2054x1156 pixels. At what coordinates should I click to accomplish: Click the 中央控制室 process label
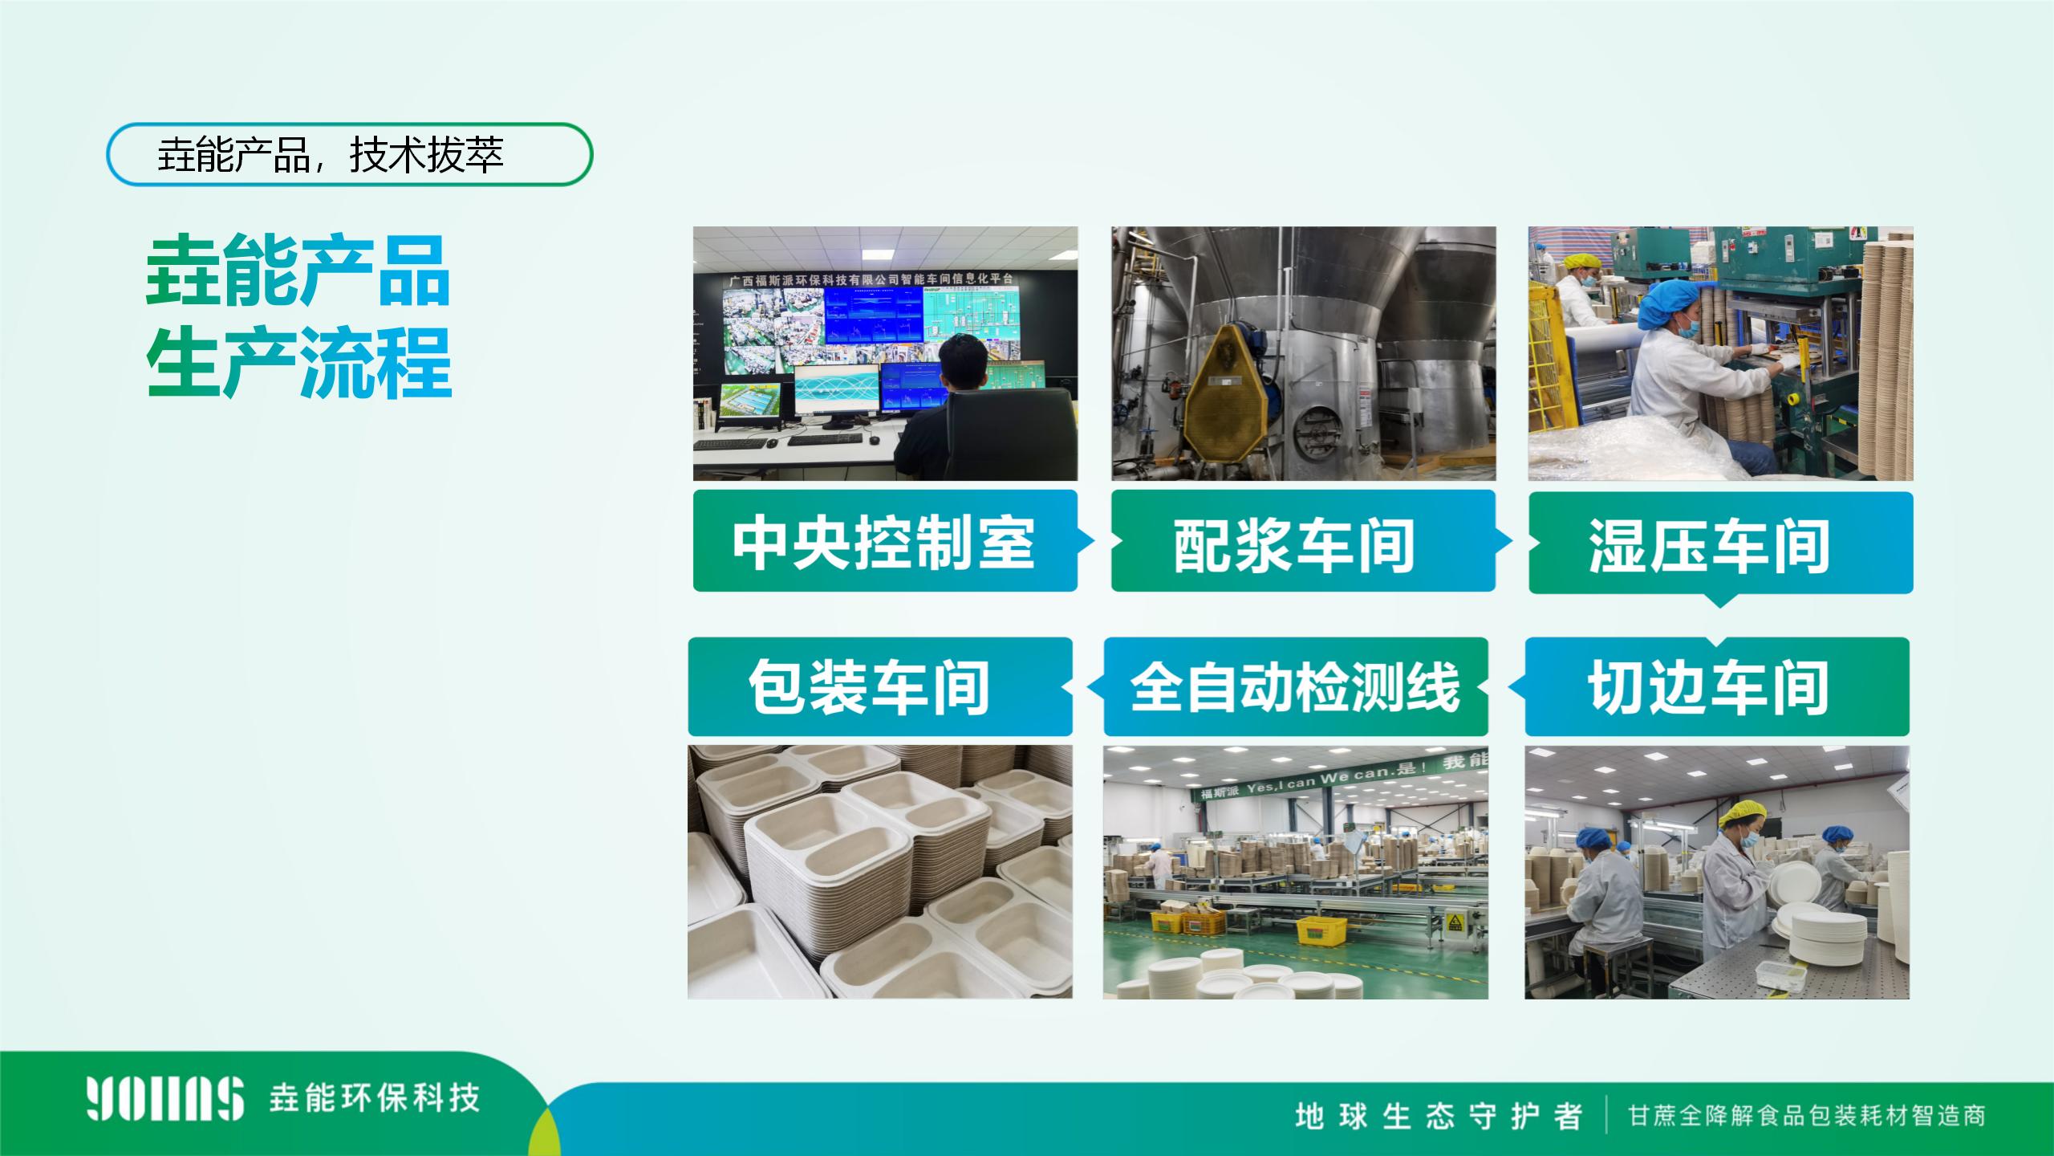(x=884, y=542)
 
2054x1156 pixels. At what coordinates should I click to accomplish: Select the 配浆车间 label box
(x=1303, y=542)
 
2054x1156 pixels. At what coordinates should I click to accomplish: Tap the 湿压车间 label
(x=1721, y=543)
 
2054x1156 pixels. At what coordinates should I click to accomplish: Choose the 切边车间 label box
(x=1717, y=686)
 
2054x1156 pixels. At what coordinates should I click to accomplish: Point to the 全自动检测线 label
(x=1296, y=686)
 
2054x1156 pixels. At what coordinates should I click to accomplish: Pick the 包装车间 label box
(x=880, y=686)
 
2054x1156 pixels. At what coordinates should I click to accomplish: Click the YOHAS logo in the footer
(x=165, y=1098)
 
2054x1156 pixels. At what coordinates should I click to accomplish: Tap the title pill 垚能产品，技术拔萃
(x=350, y=154)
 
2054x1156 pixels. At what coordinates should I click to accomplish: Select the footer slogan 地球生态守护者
(x=1438, y=1117)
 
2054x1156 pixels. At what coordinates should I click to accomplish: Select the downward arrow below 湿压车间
(x=1720, y=600)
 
